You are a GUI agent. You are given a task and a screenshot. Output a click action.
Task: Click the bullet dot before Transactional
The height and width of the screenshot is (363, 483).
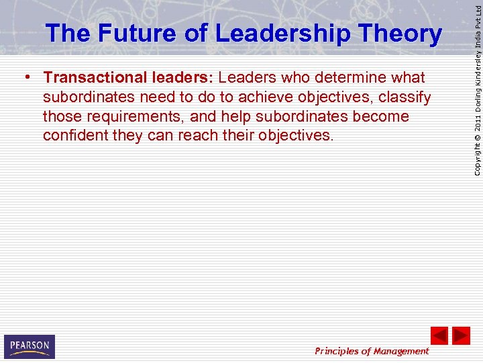[x=25, y=77]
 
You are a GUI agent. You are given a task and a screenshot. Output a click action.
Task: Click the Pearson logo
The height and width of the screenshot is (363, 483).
[x=29, y=346]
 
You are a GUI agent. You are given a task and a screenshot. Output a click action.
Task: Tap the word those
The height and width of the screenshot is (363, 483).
[x=61, y=116]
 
